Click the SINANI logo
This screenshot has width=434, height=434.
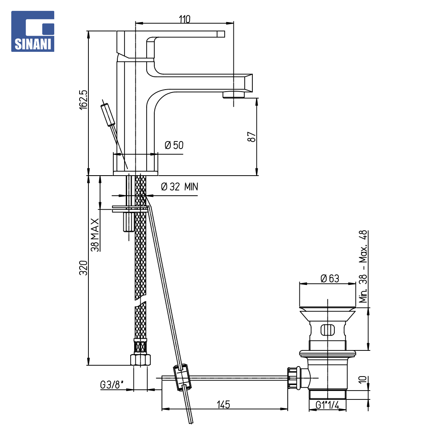33,31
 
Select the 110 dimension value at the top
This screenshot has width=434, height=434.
184,19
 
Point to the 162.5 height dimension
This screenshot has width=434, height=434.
83,100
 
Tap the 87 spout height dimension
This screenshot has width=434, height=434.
251,137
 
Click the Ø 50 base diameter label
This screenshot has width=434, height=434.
174,145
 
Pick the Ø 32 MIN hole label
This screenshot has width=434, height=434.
179,187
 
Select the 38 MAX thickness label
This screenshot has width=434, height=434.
95,235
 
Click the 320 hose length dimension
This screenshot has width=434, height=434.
83,268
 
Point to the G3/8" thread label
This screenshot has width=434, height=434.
112,385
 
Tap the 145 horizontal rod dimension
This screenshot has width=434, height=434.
223,404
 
